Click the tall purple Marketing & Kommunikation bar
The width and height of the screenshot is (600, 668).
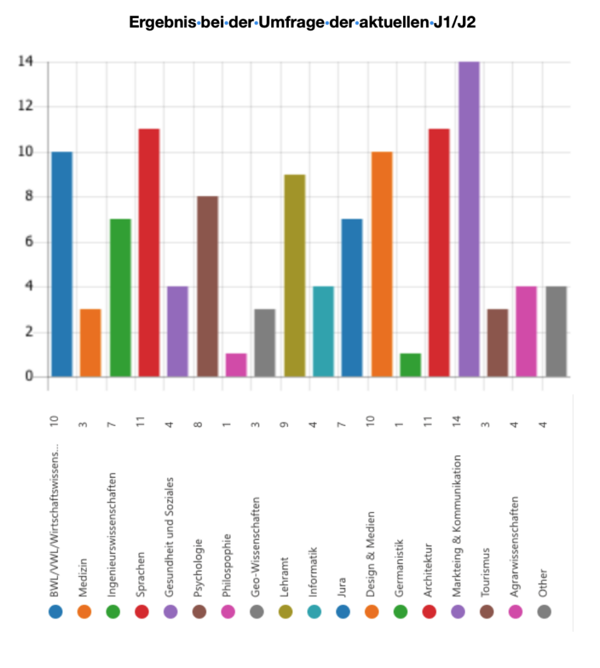pos(469,219)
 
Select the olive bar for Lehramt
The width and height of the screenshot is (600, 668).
pos(295,275)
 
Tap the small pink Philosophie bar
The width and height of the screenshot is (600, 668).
pos(236,365)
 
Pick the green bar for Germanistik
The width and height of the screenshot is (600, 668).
pos(411,365)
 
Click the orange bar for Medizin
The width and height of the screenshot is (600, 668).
pos(90,342)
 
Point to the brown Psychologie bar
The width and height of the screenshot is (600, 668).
pos(207,286)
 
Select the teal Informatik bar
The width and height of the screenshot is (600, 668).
pos(323,331)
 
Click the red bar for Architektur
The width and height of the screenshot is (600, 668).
pos(439,252)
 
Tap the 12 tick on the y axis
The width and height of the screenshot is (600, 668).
pos(26,106)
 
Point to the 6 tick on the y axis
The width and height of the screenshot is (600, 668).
pos(29,242)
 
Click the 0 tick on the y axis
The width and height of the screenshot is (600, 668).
pos(29,377)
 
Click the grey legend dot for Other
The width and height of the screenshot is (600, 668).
pos(544,612)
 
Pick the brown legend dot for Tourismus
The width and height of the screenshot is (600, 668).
pos(487,612)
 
